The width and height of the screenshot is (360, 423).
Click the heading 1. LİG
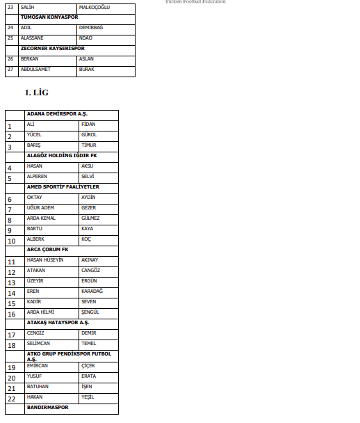point(36,92)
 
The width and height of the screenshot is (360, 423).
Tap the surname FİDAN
point(88,124)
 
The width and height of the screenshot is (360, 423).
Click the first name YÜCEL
point(35,134)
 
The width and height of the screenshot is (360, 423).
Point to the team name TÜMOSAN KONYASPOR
point(49,16)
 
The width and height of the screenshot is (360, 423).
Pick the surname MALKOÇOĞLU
point(95,6)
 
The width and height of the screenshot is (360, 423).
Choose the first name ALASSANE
point(33,38)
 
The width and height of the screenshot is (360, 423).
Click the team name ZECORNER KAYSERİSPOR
point(53,48)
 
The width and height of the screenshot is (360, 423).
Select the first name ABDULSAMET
point(36,70)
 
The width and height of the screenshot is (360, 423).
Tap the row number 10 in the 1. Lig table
point(12,241)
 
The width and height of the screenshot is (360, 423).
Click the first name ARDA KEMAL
point(41,218)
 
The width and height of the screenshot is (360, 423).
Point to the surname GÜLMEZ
point(90,218)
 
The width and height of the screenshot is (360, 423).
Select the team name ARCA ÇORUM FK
point(48,249)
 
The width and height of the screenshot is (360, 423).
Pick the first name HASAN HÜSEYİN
point(45,260)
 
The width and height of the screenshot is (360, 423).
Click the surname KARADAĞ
point(92,291)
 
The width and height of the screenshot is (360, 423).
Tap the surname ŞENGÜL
point(90,312)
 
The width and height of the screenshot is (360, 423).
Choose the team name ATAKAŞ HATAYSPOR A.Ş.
point(58,323)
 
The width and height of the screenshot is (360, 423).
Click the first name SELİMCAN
point(39,344)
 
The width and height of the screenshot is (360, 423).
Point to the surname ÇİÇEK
point(88,365)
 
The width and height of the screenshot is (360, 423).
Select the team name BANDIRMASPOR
point(48,407)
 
